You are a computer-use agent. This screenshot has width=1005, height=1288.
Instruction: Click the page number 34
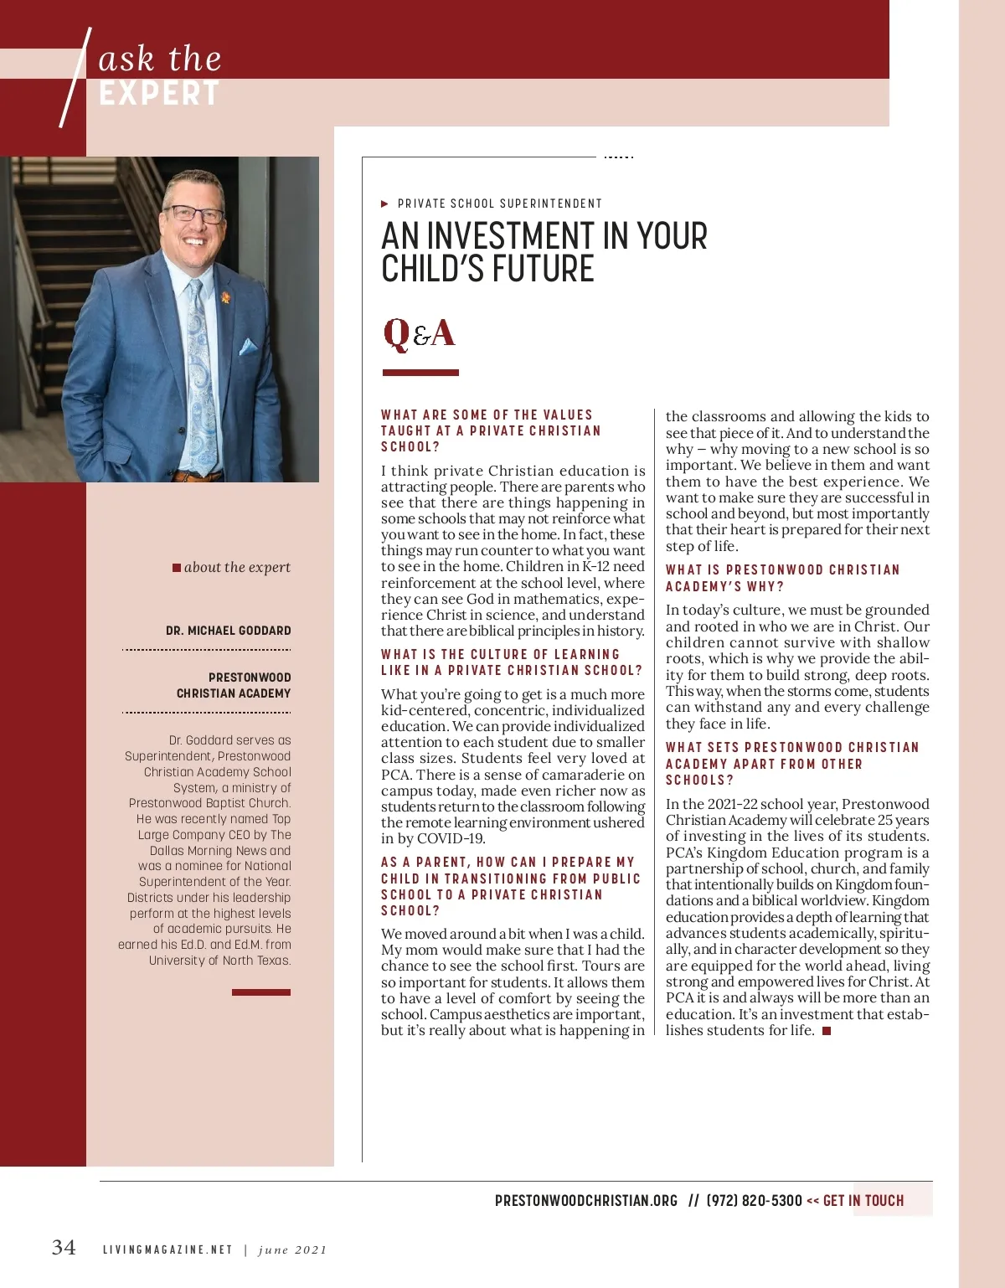(64, 1247)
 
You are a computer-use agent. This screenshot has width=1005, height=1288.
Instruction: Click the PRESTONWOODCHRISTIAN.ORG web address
(586, 1201)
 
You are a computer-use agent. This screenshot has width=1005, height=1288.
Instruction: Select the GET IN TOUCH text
(863, 1201)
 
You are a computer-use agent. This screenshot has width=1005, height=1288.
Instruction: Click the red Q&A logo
(419, 333)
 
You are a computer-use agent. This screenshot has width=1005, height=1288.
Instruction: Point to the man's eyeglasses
(194, 214)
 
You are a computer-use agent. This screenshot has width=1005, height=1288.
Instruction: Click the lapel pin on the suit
(226, 297)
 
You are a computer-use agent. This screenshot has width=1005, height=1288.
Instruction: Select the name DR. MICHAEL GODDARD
(229, 631)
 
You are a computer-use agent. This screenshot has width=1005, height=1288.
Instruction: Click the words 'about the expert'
(237, 567)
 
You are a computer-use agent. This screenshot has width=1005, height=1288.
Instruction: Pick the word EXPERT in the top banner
(159, 94)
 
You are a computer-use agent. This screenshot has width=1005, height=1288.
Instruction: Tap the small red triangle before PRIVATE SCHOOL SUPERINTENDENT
(384, 204)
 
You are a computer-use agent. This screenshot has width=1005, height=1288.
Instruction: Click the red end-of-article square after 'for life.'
(827, 1031)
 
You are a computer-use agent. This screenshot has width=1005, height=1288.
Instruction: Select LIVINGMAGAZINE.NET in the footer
(167, 1250)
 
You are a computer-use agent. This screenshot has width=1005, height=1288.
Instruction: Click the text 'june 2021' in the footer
(292, 1250)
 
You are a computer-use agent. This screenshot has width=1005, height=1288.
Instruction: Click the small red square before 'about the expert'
(177, 568)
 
